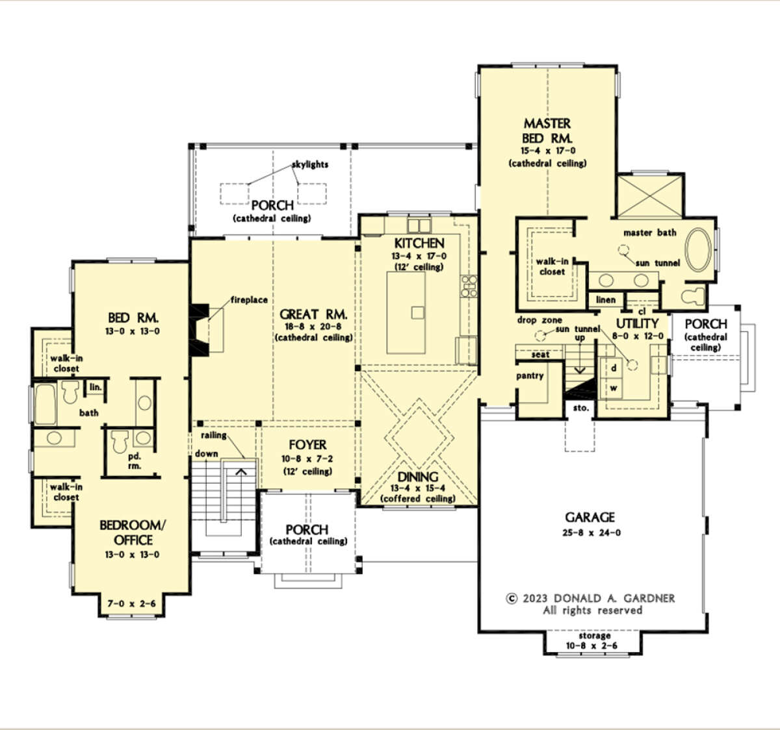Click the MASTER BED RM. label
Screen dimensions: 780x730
547,131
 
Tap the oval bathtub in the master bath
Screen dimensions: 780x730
698,249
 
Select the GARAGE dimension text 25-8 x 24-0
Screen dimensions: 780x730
591,533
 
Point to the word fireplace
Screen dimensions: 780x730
249,300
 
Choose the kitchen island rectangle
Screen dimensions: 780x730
406,313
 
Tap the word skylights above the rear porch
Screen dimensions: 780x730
310,164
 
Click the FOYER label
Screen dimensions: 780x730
307,445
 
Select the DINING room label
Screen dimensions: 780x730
418,477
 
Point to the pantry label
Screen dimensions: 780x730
530,376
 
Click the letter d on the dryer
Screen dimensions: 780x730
614,368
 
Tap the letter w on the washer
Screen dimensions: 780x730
614,388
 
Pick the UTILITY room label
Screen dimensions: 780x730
637,323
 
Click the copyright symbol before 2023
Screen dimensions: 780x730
512,599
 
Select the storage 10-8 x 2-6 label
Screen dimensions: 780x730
591,640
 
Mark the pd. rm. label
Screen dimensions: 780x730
135,461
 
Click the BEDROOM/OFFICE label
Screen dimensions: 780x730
133,533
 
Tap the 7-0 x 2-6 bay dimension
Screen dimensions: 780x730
131,603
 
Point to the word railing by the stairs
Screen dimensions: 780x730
214,435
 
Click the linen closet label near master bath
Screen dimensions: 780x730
606,300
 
